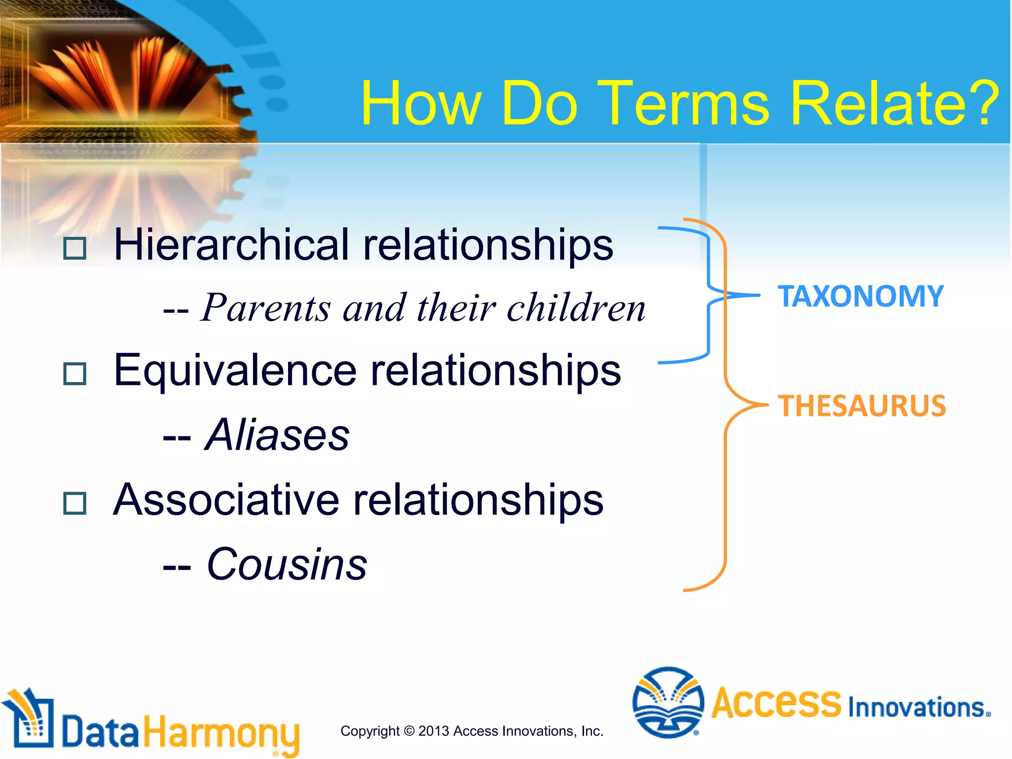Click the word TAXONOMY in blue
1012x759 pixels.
coord(860,296)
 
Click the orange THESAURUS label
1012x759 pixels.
coord(861,406)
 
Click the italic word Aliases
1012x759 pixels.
coord(277,435)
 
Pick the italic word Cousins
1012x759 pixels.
coord(287,564)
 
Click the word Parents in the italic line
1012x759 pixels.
coord(265,308)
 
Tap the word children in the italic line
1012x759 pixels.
coord(576,308)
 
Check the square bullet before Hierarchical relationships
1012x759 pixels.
coord(75,249)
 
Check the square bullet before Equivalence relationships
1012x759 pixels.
coord(75,374)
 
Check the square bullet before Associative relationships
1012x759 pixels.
coord(75,504)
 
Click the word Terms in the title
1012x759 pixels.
coord(684,104)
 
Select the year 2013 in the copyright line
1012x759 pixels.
coord(433,731)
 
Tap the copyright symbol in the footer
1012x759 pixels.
coord(409,731)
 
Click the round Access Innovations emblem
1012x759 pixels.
coord(668,702)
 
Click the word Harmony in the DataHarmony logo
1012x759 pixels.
coord(221,733)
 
